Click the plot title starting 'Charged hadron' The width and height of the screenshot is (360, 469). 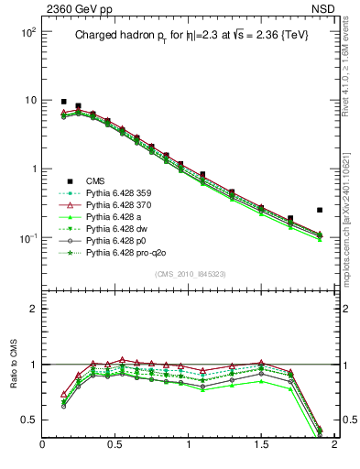(x=191, y=36)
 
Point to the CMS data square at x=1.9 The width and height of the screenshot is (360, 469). (x=320, y=210)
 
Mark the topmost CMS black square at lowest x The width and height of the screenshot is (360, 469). (x=63, y=102)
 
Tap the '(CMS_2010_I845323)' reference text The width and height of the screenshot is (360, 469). (x=190, y=274)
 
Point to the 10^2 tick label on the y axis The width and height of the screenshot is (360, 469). (x=26, y=31)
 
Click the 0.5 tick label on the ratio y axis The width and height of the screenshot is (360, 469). (x=28, y=420)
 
